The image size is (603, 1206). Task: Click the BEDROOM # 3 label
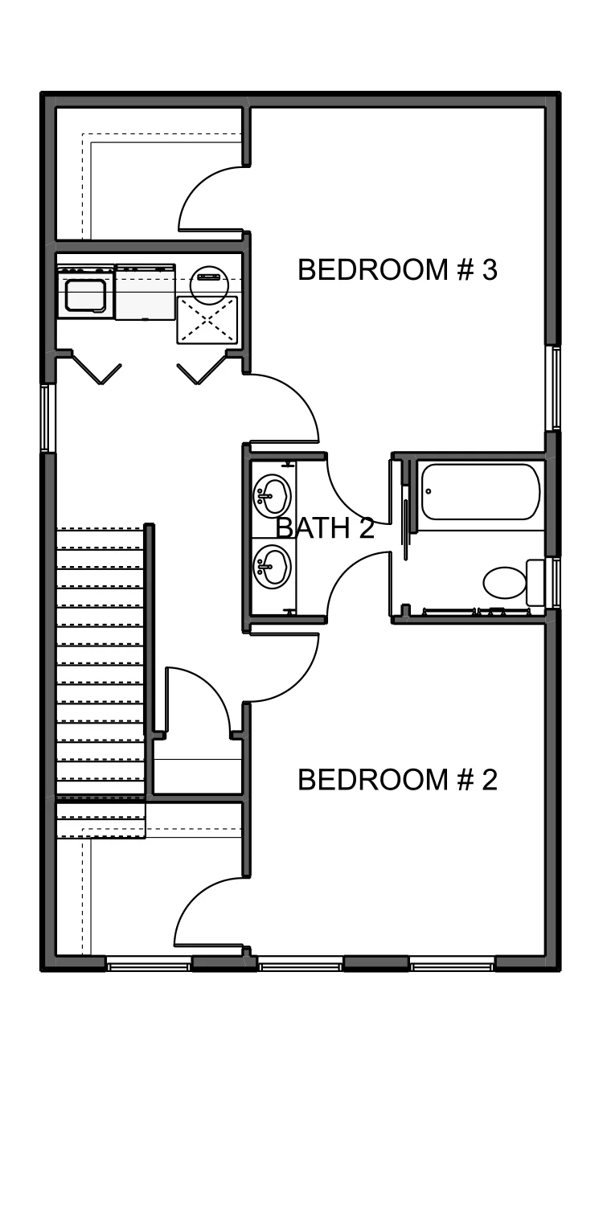[x=397, y=269]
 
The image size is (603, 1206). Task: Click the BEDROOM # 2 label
[x=397, y=780]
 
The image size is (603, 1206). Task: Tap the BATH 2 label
[x=325, y=527]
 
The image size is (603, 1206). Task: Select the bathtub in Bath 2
[x=480, y=491]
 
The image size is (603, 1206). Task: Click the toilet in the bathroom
[x=514, y=583]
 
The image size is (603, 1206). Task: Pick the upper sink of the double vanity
[x=273, y=494]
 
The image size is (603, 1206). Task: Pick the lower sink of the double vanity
[x=273, y=567]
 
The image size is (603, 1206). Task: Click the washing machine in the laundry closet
[x=85, y=291]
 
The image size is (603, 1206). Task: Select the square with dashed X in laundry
[x=207, y=319]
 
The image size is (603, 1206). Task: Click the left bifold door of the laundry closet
[x=96, y=367]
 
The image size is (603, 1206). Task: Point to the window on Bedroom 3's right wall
[x=553, y=388]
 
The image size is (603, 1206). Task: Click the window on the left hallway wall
[x=48, y=418]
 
